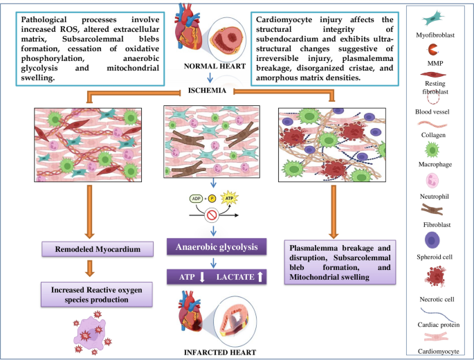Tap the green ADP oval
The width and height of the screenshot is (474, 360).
point(197,198)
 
